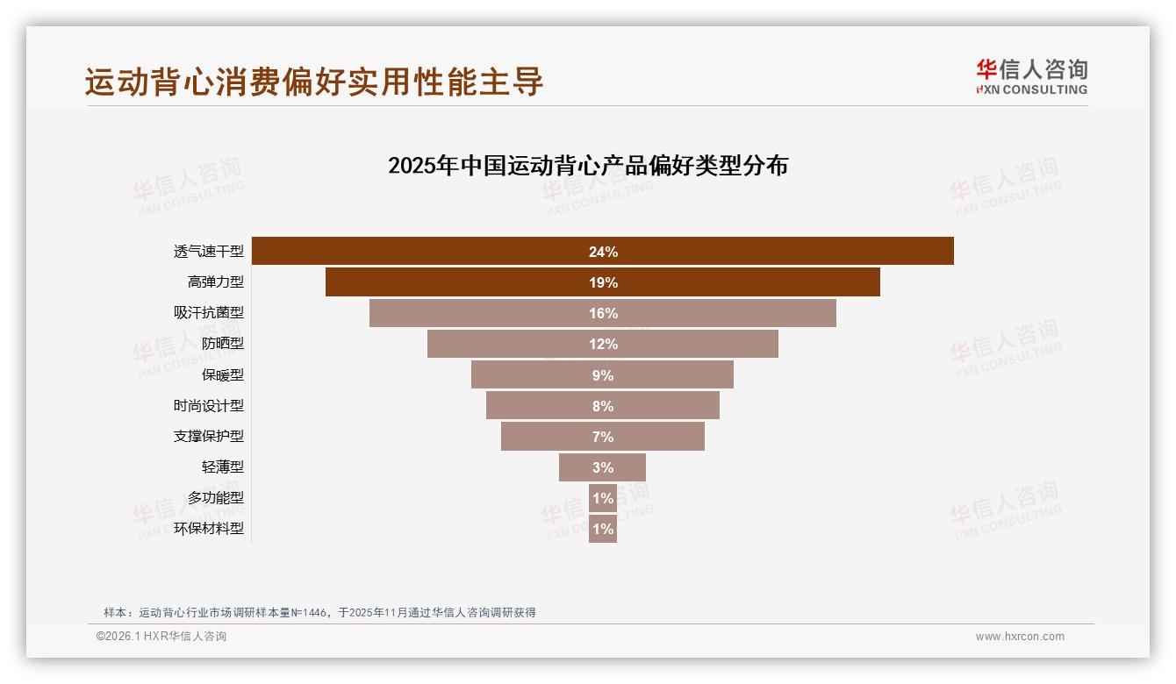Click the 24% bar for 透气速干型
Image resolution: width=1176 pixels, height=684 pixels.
click(602, 251)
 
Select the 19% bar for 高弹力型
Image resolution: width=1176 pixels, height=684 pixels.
click(602, 282)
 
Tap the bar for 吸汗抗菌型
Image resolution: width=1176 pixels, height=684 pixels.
click(602, 313)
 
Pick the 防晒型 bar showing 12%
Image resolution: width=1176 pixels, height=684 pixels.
click(602, 344)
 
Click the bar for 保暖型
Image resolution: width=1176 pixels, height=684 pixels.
click(602, 374)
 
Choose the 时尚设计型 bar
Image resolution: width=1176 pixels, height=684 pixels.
click(602, 405)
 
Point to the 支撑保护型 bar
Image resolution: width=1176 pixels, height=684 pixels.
click(602, 436)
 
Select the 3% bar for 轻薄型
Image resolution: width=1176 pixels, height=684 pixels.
click(602, 467)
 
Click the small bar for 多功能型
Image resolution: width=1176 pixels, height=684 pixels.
click(602, 498)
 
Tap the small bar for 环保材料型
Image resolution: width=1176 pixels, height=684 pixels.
click(602, 529)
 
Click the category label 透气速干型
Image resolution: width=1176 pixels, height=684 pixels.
click(209, 252)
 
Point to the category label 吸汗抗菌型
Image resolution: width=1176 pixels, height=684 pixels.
click(209, 313)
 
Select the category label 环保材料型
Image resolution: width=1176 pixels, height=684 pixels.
click(209, 529)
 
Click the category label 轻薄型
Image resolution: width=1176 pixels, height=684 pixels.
click(223, 467)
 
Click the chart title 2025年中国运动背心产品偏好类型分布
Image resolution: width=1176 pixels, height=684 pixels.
click(588, 166)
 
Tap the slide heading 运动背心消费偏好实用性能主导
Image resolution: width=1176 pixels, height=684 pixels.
click(314, 82)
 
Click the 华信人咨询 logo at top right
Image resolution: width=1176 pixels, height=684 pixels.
click(1031, 76)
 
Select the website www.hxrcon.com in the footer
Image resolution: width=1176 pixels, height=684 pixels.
click(1020, 637)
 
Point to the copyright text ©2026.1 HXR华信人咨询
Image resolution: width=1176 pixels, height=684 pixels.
click(161, 637)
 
